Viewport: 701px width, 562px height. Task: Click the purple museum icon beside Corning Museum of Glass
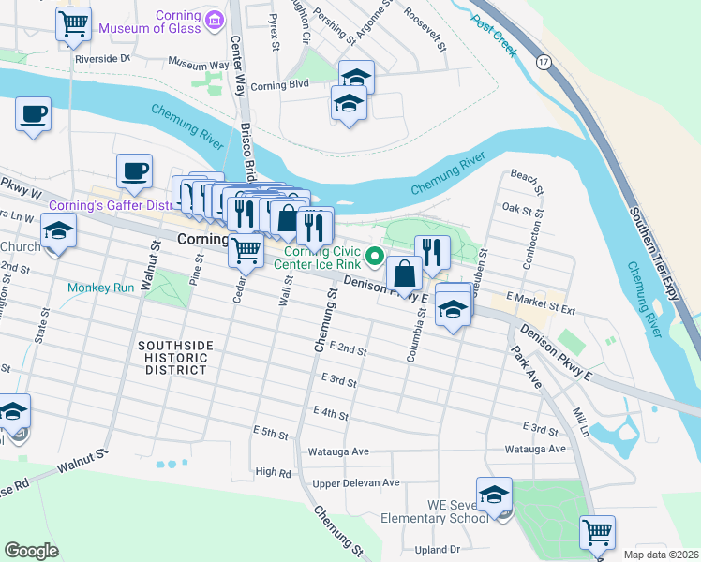coord(215,19)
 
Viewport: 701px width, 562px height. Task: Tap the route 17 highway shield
coord(543,61)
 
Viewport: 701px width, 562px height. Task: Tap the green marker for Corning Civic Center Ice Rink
coord(375,254)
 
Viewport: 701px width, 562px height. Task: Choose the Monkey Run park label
coord(101,288)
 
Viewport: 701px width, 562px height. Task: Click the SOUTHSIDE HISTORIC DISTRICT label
coord(173,358)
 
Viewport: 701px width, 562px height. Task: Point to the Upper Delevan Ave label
coord(356,482)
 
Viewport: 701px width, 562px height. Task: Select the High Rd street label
coord(274,473)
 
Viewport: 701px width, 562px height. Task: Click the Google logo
coord(31,551)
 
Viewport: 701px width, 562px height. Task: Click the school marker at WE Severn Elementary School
coord(494,495)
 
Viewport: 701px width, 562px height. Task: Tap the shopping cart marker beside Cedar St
coord(246,250)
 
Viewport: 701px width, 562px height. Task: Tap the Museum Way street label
coord(199,66)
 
